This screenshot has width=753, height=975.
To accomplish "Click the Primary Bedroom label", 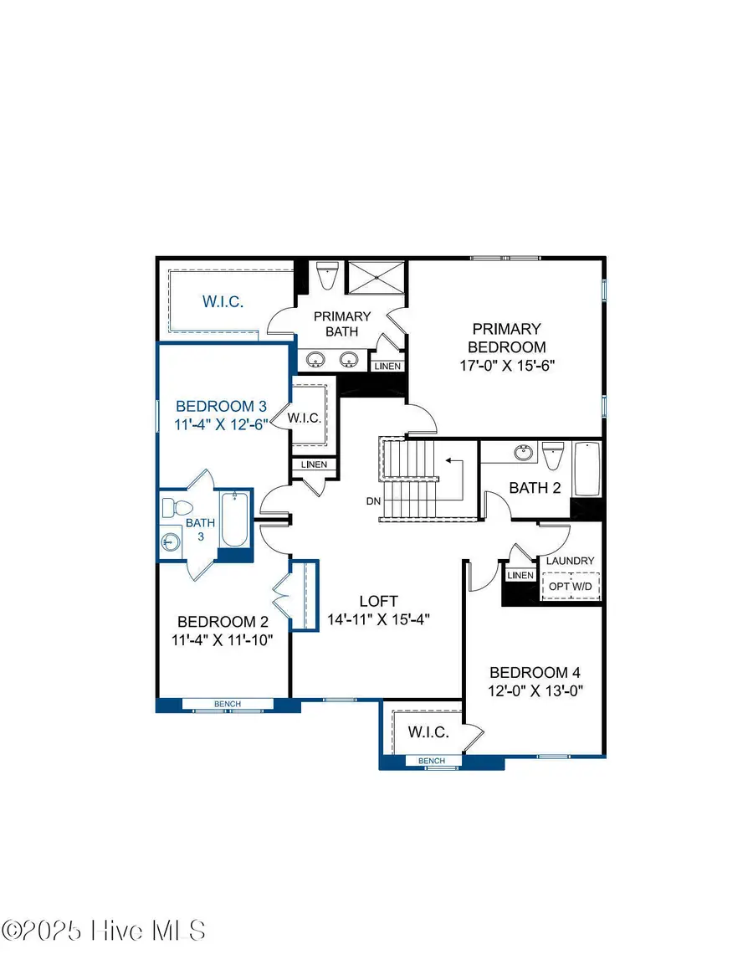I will (506, 338).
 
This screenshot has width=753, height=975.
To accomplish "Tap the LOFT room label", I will (378, 601).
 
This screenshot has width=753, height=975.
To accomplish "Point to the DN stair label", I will (374, 502).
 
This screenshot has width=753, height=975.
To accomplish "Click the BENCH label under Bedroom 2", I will (228, 704).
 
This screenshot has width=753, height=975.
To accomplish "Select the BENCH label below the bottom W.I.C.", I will (432, 761).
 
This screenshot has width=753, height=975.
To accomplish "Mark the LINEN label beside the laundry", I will (520, 575).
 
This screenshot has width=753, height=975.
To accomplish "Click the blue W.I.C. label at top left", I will (223, 302).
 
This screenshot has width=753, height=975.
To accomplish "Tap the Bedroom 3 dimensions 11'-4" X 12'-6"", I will (220, 423).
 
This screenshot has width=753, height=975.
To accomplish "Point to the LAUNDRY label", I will (571, 561).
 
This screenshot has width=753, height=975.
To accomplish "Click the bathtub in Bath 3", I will (234, 521).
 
